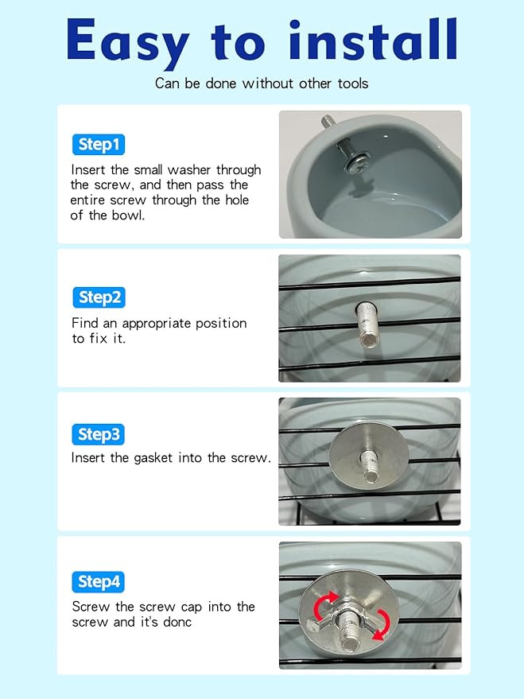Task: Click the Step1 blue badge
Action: pos(99,145)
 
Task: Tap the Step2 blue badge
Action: pos(99,297)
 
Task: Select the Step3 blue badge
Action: pos(98,434)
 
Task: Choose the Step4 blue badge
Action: pos(98,582)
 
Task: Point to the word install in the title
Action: pos(373,39)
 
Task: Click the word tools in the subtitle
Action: pos(353,83)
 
